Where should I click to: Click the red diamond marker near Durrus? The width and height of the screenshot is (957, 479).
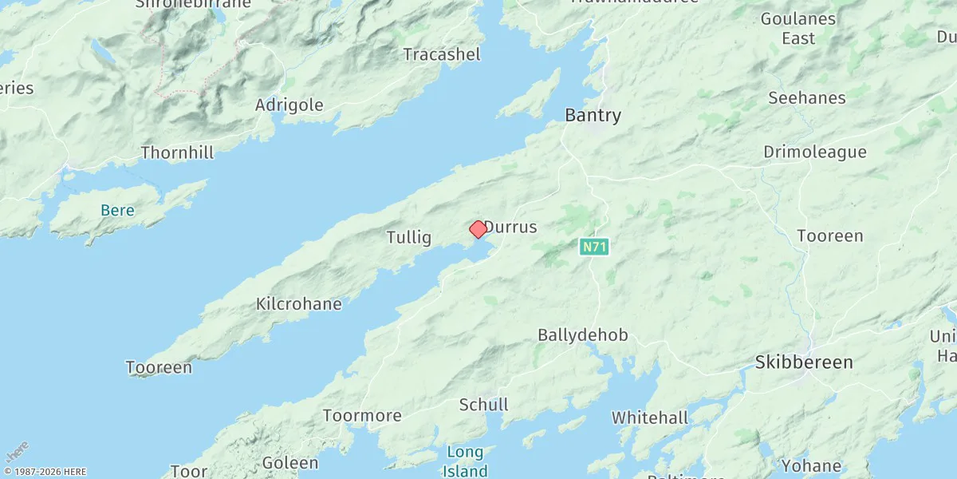[x=478, y=230]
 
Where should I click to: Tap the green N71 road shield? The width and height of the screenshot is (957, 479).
[x=593, y=247]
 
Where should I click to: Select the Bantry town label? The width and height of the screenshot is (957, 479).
[x=593, y=116]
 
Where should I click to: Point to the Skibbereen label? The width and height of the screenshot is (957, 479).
[x=804, y=362]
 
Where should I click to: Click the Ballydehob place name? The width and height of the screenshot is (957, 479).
[x=583, y=335]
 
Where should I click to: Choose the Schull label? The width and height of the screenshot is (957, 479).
[x=483, y=405]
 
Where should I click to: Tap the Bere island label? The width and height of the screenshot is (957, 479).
[x=117, y=211]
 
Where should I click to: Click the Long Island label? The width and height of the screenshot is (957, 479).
[x=465, y=461]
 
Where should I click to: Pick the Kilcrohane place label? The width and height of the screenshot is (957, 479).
[x=299, y=304]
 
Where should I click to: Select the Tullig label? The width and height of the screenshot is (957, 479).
[x=408, y=237]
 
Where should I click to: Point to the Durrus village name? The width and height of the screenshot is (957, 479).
[x=511, y=228]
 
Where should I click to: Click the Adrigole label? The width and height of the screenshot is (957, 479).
[x=289, y=105]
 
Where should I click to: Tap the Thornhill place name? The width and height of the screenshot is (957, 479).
[x=177, y=152]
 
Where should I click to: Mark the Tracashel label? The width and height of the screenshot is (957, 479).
[x=442, y=55]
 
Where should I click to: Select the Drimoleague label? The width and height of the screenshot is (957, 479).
[x=814, y=152]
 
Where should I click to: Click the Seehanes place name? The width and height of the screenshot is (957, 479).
[x=806, y=98]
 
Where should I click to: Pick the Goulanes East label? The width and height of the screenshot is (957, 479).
[x=797, y=28]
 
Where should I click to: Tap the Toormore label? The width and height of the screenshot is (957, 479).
[x=362, y=415]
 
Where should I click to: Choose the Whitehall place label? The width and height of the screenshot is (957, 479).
[x=649, y=418]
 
